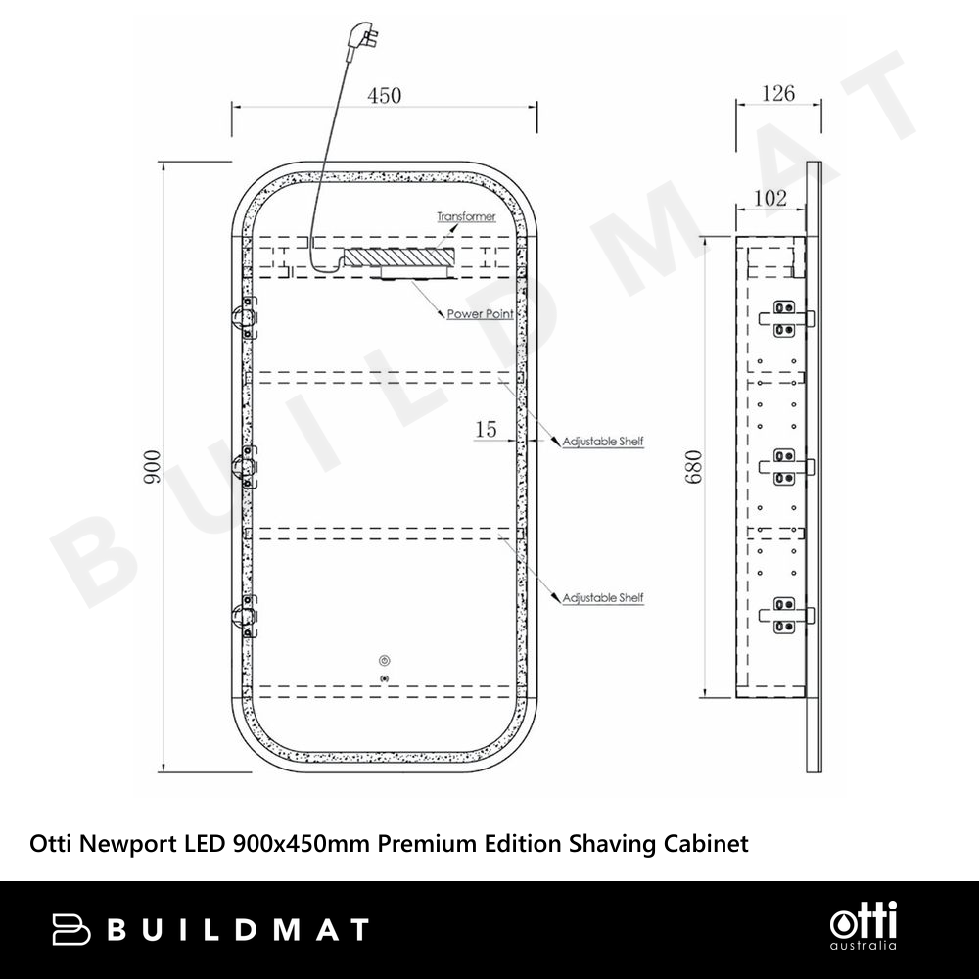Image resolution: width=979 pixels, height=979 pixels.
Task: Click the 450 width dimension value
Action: (x=384, y=96)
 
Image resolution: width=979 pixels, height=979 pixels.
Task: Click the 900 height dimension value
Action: (x=153, y=466)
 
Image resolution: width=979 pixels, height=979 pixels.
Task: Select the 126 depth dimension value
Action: (x=778, y=94)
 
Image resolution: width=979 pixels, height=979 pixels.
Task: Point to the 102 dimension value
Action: (x=769, y=198)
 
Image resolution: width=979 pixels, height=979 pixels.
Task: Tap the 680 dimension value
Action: (x=694, y=466)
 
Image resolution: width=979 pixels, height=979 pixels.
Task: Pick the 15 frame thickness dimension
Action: (x=486, y=429)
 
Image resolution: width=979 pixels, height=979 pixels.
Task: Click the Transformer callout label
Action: (x=466, y=216)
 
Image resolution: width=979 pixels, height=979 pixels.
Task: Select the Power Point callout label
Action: (x=480, y=313)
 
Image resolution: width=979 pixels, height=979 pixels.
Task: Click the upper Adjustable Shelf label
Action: (x=602, y=442)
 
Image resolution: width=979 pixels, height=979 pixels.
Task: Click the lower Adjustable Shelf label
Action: (x=602, y=597)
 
